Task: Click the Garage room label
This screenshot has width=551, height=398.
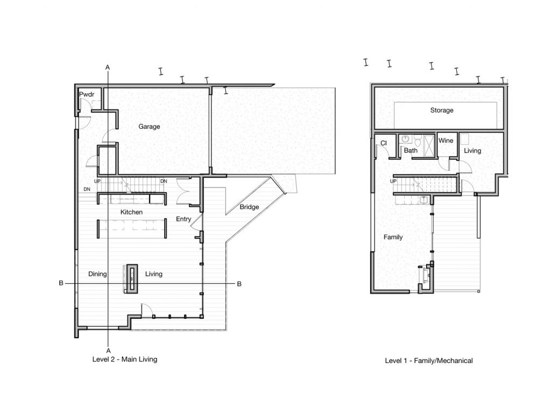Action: pos(149,127)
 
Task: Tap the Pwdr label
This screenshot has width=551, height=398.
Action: pos(87,94)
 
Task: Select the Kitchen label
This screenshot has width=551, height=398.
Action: pos(131,212)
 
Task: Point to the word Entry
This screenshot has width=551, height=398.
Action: pos(183,219)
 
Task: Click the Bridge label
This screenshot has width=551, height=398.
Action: pos(249,207)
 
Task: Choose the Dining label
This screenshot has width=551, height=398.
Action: pos(97,274)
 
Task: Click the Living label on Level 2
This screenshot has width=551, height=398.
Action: pos(153,274)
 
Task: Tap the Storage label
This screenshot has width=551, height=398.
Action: pos(442,110)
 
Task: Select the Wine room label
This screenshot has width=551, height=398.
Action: pos(446,141)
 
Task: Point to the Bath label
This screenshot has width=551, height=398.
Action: pos(411,150)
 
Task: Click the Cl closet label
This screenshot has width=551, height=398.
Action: pos(383,143)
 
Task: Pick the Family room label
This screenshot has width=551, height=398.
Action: pos(393,238)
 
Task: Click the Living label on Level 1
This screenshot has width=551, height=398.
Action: pos(472,151)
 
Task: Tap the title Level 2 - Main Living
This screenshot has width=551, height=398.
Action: pos(125,359)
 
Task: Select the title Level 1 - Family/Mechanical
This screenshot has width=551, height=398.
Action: pos(429,361)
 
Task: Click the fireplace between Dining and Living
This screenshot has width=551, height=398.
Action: pos(132,279)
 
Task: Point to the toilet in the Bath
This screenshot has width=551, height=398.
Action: pos(418,141)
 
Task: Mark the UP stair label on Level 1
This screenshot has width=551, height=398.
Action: pos(393,181)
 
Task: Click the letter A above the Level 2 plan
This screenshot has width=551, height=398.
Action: pos(108,67)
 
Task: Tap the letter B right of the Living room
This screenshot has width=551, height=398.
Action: pos(239,284)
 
